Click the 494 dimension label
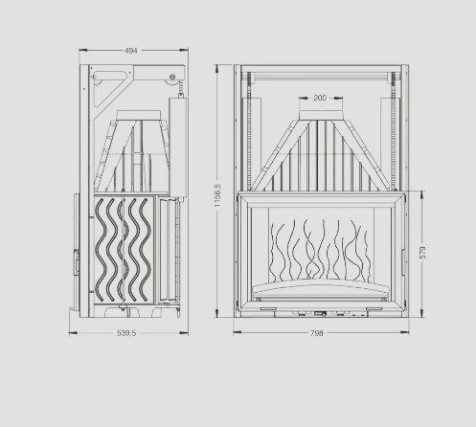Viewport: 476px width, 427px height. coord(131,51)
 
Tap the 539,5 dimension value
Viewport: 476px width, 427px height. coord(126,333)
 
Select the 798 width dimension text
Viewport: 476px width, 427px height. coord(317,333)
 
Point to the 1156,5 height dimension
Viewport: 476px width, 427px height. coord(217,195)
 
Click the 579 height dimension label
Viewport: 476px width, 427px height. coord(423,253)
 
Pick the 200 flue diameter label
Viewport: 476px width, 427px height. coord(320,98)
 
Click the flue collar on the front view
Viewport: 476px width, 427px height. coord(321,115)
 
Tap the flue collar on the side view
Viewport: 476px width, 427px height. coord(138,115)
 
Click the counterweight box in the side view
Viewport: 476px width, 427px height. coord(178,146)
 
